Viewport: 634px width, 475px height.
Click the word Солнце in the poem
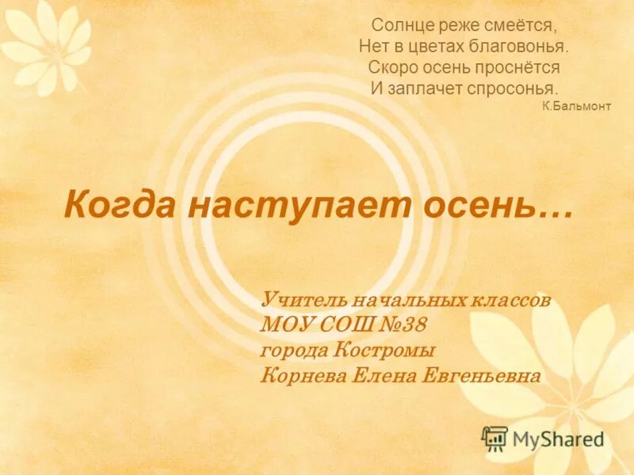[x=400, y=27]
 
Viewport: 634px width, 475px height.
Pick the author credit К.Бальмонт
[x=577, y=106]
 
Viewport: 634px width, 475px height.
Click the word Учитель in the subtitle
[x=301, y=301]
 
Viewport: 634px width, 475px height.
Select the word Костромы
[x=383, y=350]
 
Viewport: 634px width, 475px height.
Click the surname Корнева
[x=301, y=375]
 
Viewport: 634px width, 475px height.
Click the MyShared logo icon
[x=495, y=438]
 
